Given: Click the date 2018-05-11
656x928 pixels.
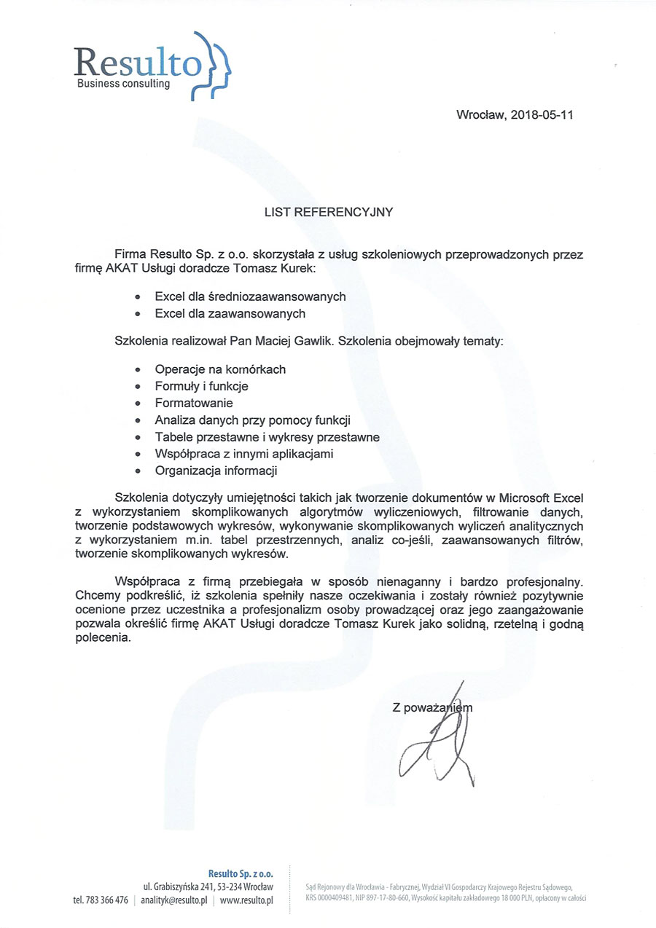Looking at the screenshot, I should coord(542,115).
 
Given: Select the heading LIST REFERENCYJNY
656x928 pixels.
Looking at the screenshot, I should coord(328,213).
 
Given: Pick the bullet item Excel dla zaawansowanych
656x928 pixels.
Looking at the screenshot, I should coord(230,314).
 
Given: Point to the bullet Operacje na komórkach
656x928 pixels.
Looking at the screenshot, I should coord(220,369).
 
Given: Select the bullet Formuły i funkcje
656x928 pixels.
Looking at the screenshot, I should coord(201,386).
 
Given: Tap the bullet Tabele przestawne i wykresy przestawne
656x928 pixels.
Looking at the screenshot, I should coord(267,437).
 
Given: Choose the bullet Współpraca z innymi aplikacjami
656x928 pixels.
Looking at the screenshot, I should coord(244,454).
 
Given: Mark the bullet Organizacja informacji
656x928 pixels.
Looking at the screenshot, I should coord(216,471).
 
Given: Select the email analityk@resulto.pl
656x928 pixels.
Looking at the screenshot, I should coord(174,900).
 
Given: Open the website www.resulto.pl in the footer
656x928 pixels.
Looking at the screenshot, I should coord(246,900).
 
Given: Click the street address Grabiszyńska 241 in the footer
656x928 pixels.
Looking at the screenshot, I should coord(187,886).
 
